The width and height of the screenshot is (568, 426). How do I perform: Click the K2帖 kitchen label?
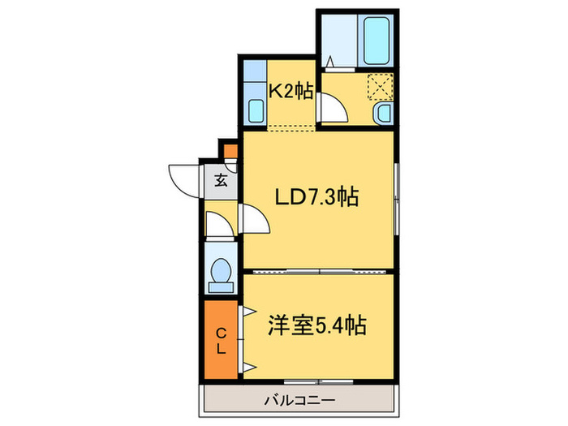point(290,91)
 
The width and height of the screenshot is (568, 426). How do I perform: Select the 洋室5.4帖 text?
point(316,326)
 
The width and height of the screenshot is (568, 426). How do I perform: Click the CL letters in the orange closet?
point(221,340)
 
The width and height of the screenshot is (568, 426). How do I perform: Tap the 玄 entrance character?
point(221,181)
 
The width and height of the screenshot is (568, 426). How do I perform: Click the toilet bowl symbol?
point(220,270)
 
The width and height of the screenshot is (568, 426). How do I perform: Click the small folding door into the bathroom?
point(330,61)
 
